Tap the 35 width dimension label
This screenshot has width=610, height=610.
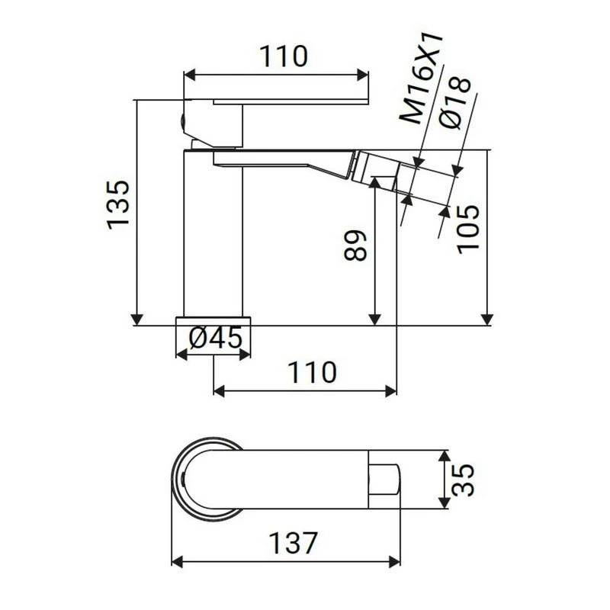(x=467, y=480)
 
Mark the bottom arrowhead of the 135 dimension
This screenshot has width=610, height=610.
(x=137, y=319)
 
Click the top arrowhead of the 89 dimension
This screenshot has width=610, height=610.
(x=374, y=184)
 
